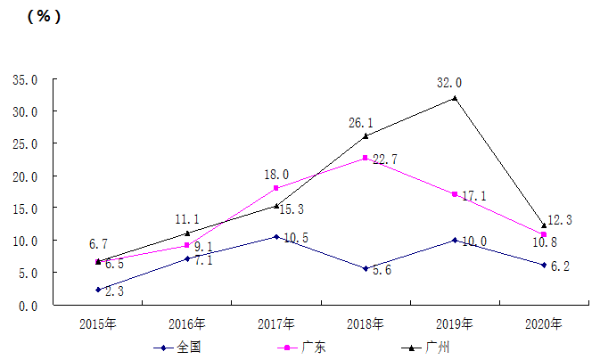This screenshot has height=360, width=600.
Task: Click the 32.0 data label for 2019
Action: tap(449, 83)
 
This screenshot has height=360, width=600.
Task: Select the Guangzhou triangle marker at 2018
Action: tap(366, 135)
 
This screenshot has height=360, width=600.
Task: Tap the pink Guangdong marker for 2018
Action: tap(366, 158)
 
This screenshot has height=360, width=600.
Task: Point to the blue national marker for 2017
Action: tap(276, 237)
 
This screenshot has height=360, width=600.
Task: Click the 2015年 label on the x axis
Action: tap(98, 323)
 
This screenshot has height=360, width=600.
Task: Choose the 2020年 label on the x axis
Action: tap(544, 323)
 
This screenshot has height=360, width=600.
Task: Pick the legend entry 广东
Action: tap(314, 347)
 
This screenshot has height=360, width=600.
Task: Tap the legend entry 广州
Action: tap(438, 347)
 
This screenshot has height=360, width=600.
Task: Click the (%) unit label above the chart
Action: tap(44, 17)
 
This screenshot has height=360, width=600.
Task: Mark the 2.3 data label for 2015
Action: tap(114, 291)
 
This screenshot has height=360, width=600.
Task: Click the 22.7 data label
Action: tap(385, 160)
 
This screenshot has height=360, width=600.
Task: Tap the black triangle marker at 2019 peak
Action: tap(455, 98)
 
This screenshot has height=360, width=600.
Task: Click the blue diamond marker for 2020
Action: tap(544, 265)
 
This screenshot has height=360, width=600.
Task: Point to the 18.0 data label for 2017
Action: tap(275, 175)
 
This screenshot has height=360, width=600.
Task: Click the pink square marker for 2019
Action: tap(455, 194)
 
